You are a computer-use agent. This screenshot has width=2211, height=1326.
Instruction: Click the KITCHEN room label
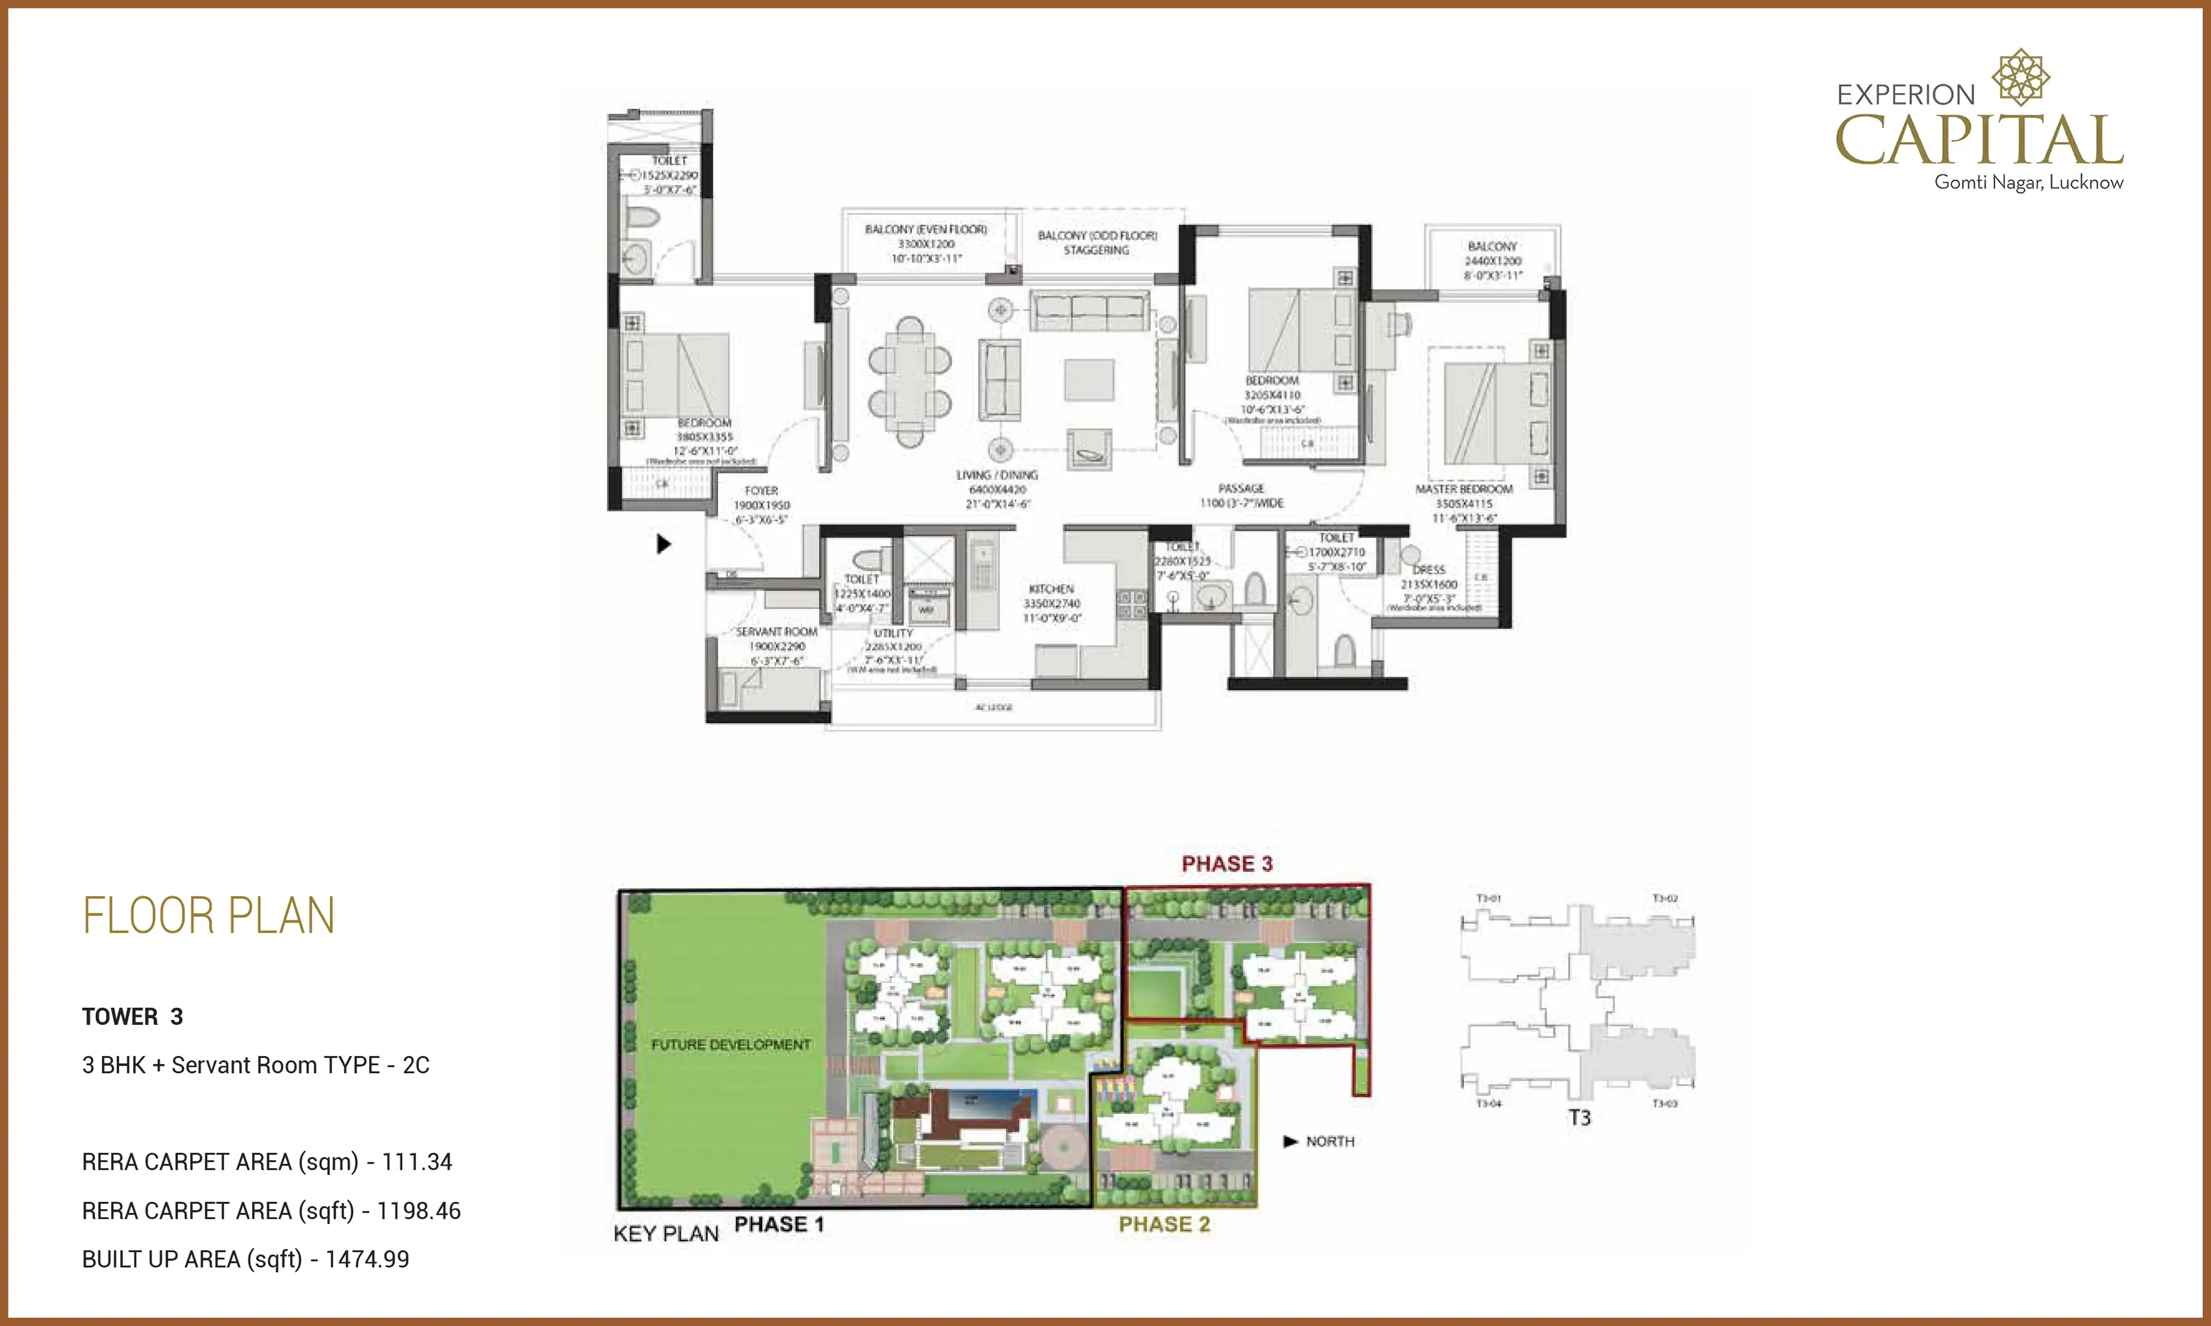pyautogui.click(x=1051, y=589)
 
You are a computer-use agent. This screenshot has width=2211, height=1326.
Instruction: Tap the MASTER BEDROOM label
pyautogui.click(x=1463, y=490)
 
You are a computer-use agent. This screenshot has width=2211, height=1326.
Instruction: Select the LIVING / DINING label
pyautogui.click(x=997, y=475)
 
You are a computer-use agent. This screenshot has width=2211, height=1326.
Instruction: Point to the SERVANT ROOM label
pyautogui.click(x=776, y=632)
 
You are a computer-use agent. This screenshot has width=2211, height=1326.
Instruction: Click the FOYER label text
pyautogui.click(x=762, y=491)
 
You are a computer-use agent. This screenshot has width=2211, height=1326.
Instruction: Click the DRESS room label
pyautogui.click(x=1428, y=569)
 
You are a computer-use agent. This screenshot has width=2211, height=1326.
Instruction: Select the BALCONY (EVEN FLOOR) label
pyautogui.click(x=926, y=230)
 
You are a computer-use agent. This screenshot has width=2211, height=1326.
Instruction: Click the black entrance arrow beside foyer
pyautogui.click(x=663, y=543)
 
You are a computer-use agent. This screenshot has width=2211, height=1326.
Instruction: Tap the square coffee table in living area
pyautogui.click(x=1088, y=379)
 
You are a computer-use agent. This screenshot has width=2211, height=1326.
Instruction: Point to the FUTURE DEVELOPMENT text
pyautogui.click(x=730, y=1045)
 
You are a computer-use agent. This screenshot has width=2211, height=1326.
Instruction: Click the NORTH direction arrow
pyautogui.click(x=1290, y=1141)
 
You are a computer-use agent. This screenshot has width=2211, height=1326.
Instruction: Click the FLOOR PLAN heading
pyautogui.click(x=208, y=916)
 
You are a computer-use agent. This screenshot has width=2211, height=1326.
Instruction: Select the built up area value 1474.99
pyautogui.click(x=368, y=1259)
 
